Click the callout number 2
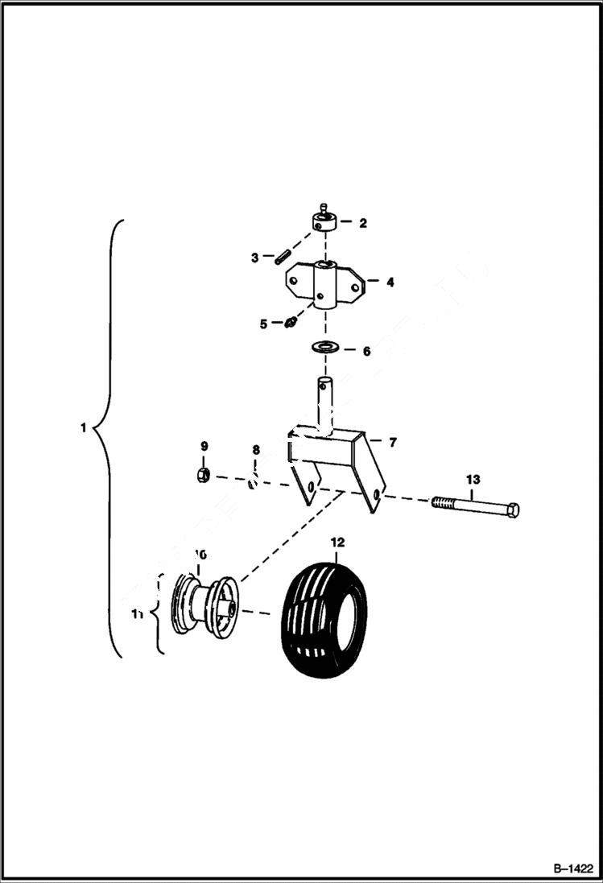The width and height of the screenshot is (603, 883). [363, 223]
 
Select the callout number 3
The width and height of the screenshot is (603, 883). [254, 258]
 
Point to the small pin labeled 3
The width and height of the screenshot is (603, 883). [282, 258]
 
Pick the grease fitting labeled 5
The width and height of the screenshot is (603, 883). [291, 323]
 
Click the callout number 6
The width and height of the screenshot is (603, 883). [366, 352]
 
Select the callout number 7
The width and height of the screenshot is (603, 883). [393, 443]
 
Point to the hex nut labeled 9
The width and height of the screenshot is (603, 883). [204, 475]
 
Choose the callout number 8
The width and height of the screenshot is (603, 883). [256, 450]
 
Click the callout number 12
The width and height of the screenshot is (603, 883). [337, 543]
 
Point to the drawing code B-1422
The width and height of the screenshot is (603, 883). [572, 869]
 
